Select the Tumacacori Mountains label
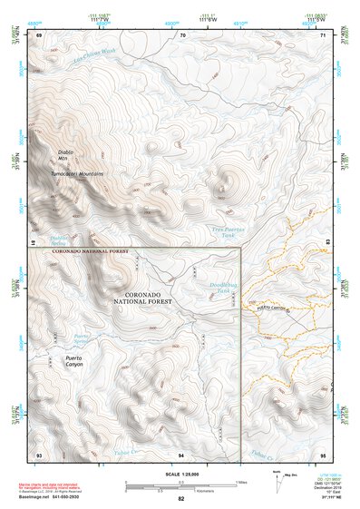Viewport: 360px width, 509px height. (x=77, y=172)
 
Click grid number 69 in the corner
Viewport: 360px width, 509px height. (x=38, y=34)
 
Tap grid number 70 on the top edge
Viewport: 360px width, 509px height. (x=182, y=34)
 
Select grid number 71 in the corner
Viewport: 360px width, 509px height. (x=323, y=34)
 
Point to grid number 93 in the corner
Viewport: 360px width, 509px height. (x=38, y=454)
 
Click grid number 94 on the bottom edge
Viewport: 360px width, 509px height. (x=182, y=454)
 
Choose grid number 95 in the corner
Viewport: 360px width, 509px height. (x=323, y=454)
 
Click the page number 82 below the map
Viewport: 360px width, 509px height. (x=181, y=499)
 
